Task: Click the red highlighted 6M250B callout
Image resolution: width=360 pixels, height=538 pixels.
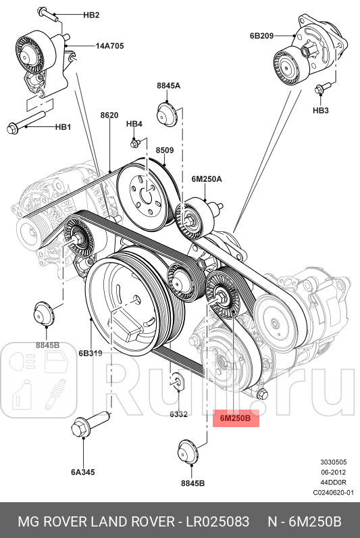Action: (x=235, y=418)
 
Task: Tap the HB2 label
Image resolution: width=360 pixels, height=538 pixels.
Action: (x=91, y=15)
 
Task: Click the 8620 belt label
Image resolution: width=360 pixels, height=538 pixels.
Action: (x=109, y=116)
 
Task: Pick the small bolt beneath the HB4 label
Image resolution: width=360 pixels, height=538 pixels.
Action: (x=135, y=143)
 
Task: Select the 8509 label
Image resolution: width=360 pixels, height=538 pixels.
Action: (x=165, y=149)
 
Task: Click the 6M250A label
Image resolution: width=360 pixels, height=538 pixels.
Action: (x=206, y=179)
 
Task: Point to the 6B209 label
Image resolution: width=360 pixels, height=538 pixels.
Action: (x=263, y=36)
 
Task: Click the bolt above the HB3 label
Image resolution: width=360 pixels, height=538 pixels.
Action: (x=322, y=88)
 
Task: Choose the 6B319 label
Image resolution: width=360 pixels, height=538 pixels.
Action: (x=90, y=353)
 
